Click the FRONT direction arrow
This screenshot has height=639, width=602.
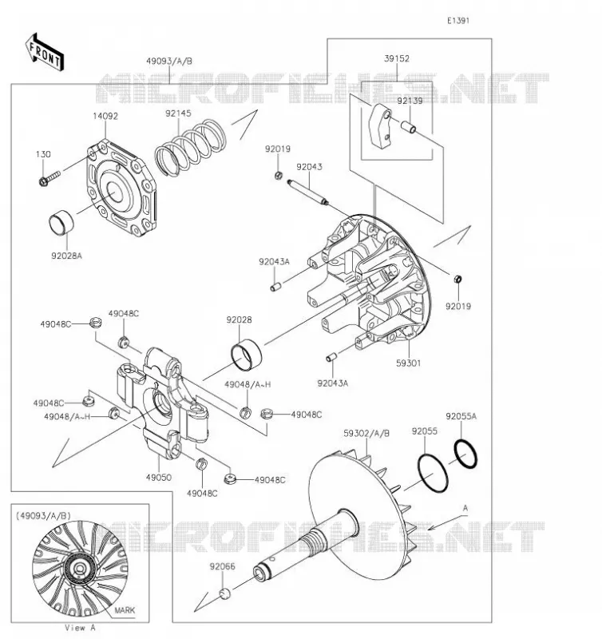pos(45,52)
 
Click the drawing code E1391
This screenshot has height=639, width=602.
pos(458,21)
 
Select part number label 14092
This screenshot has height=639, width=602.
pos(105,116)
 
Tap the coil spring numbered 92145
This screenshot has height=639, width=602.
pos(190,148)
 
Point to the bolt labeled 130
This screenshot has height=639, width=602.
pos(50,177)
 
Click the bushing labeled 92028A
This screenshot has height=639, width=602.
pos(61,224)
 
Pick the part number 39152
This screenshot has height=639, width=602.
pos(396,58)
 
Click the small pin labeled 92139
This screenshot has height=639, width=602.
pos(409,126)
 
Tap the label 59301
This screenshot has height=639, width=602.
pos(408,363)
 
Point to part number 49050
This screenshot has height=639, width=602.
pos(158,477)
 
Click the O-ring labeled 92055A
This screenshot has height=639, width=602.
pos(465,454)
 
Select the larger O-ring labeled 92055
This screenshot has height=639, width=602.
pos(433,473)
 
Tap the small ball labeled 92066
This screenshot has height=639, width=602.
pos(225,593)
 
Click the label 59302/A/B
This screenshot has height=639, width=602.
pos(366,434)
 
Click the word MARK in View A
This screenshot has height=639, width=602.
pos(125,610)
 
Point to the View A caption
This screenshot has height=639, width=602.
pos(80,628)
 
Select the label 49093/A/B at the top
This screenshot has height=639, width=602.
pos(169,62)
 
